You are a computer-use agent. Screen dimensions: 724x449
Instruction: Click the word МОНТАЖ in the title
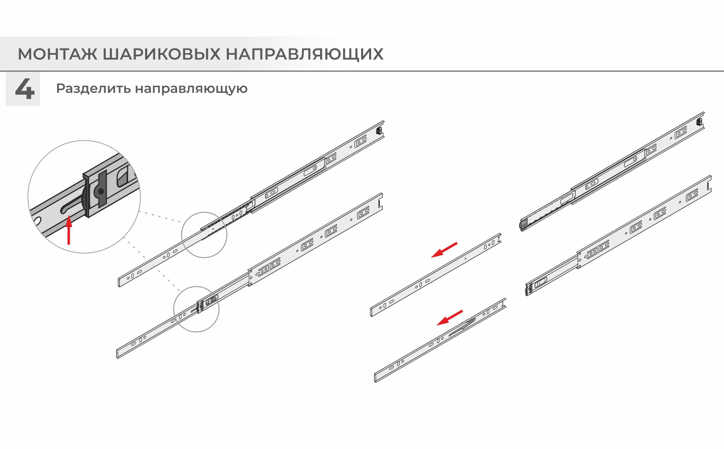[57, 54]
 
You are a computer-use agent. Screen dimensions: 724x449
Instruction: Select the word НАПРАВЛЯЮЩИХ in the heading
[305, 54]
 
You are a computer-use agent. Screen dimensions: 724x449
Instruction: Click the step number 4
[24, 88]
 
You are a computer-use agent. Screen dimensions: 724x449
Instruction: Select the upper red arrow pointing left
[444, 250]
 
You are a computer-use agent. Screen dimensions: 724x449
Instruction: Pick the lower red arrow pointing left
[450, 317]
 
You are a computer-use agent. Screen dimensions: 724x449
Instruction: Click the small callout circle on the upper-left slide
[204, 235]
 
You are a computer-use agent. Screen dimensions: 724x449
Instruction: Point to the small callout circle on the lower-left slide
[196, 309]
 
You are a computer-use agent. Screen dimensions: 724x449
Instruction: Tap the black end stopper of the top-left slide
[378, 130]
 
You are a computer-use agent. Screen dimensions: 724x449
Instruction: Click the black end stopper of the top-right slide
[699, 122]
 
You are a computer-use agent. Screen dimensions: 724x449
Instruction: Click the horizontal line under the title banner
[362, 71]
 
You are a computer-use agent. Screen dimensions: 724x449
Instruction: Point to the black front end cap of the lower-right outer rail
[529, 288]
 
